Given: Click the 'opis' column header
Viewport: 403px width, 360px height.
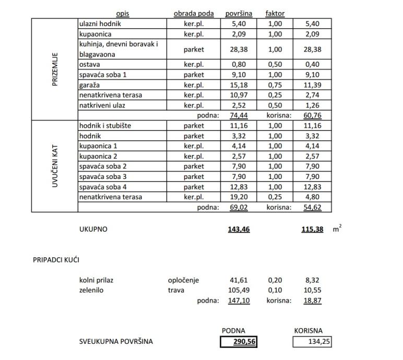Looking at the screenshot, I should coord(123,14).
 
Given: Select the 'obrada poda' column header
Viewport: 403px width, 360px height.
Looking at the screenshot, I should coord(193,14).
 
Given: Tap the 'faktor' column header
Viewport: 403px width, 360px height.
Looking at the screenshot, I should coord(275,14).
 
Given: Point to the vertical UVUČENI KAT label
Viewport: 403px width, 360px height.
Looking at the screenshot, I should coord(55,166).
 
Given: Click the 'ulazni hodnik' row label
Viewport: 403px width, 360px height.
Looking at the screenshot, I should coord(100,24).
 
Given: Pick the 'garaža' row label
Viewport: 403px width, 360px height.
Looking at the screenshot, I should coord(89,85).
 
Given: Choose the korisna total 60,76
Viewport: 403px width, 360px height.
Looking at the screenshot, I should coord(312,116).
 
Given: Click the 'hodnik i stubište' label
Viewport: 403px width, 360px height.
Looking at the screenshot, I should coord(105,126).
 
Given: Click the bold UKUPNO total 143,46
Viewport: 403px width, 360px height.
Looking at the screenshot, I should coord(239,229).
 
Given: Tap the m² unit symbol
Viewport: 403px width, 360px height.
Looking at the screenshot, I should coord(337,229).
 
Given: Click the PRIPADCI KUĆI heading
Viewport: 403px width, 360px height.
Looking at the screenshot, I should coord(56,259).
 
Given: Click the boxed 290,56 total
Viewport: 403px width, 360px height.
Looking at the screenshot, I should coord(239,342).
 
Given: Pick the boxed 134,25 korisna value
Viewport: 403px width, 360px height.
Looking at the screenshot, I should coord(312,342).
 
